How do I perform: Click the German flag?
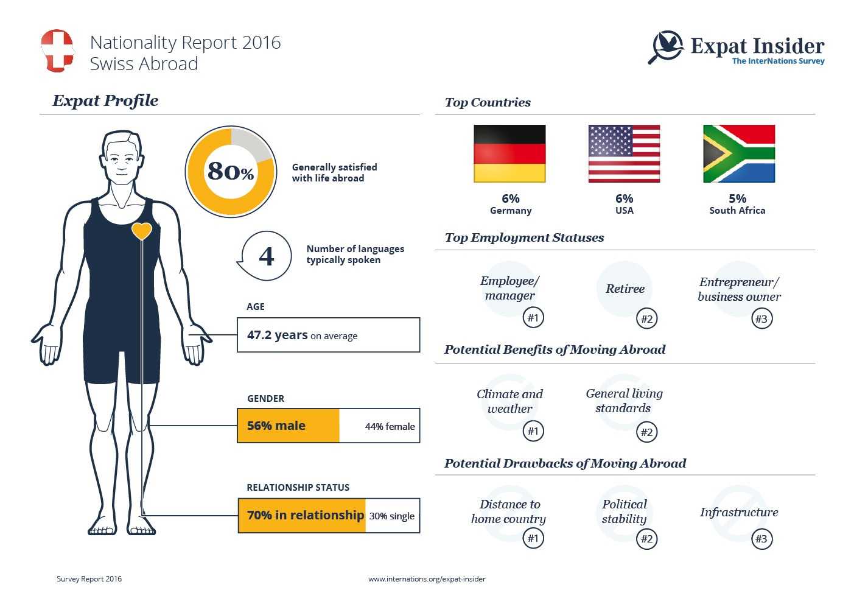click(x=509, y=153)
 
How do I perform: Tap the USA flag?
click(x=624, y=153)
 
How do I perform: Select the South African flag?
click(x=738, y=153)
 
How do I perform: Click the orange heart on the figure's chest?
click(x=142, y=231)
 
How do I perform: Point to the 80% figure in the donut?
click(x=231, y=171)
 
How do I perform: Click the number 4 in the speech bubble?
click(x=267, y=256)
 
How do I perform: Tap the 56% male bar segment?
click(x=288, y=426)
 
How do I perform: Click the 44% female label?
click(x=390, y=426)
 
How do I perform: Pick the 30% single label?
click(x=391, y=516)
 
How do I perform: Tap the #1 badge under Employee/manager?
click(x=533, y=317)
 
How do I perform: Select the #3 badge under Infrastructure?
click(x=761, y=539)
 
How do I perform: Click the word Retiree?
click(x=625, y=289)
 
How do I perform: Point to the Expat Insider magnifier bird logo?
click(x=666, y=47)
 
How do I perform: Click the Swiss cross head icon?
click(x=57, y=51)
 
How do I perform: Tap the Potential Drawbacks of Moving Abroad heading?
click(x=565, y=463)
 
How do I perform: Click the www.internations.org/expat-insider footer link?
click(x=427, y=579)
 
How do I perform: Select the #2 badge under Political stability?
click(x=646, y=539)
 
